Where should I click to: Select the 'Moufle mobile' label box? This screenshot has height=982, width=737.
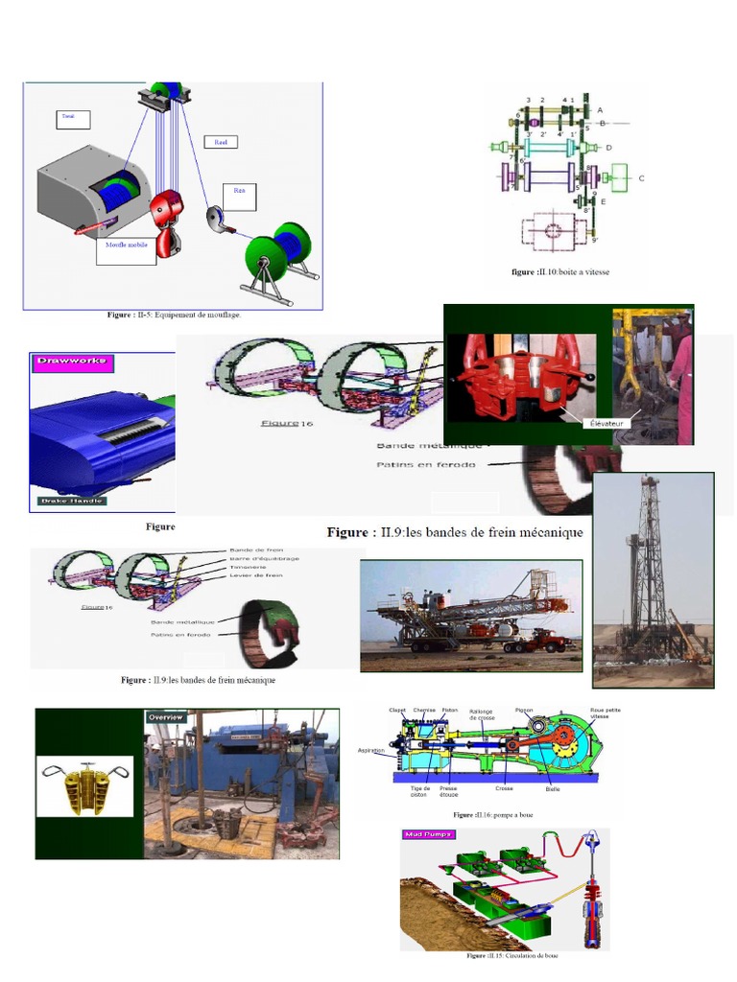pos(126,248)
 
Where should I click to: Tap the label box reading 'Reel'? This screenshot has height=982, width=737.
pos(221,142)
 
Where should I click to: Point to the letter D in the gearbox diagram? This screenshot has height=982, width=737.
pos(608,148)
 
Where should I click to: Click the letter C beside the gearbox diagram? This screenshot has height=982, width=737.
pos(641,178)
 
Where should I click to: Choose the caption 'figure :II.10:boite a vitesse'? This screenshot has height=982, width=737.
pos(560,272)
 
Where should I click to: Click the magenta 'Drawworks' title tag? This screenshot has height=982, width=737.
pos(71,362)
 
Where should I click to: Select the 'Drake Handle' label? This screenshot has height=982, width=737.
pos(72,500)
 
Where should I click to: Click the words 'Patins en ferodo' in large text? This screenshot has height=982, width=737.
pos(432,465)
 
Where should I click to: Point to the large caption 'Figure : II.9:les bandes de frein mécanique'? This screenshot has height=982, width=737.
pos(454,532)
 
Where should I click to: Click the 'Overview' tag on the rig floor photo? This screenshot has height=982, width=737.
pos(165,716)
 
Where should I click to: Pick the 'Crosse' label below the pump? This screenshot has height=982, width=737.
pos(504,788)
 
